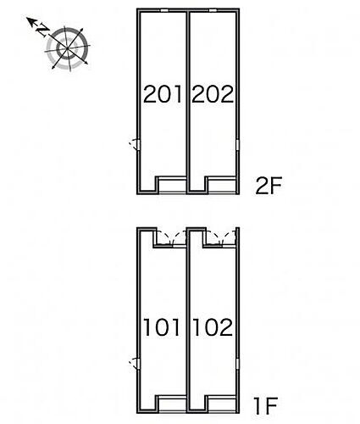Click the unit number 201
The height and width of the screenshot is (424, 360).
163,94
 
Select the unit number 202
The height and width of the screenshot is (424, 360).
213,94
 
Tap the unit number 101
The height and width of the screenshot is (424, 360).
162,327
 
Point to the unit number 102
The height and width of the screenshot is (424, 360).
213,327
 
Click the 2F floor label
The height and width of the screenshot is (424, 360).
269,186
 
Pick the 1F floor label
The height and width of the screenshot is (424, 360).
266,406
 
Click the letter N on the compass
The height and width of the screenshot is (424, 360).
43,30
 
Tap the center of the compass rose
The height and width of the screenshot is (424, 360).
67,48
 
